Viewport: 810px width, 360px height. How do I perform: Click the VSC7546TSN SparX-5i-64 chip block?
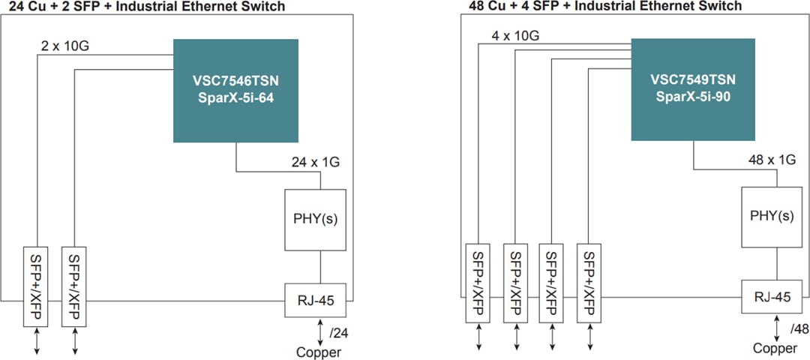235,90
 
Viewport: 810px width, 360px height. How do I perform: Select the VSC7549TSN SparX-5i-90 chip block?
692,88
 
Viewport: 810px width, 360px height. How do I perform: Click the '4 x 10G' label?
515,34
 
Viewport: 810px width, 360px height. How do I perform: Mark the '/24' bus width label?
339,331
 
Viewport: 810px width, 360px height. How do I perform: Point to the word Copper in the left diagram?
318,352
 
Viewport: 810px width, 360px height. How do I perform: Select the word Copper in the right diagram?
775,348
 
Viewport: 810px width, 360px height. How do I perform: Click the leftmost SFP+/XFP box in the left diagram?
36,285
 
